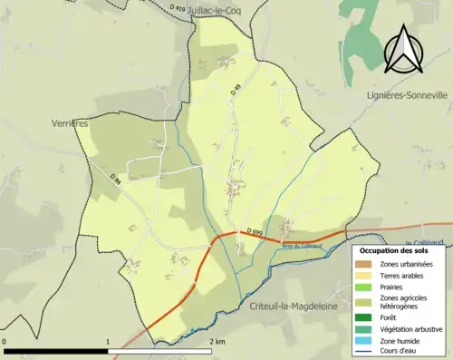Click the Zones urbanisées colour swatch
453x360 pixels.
tap(364, 263)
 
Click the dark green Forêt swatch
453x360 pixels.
tap(364, 317)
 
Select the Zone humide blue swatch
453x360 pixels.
tap(364, 339)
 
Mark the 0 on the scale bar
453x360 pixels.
tap(5, 341)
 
